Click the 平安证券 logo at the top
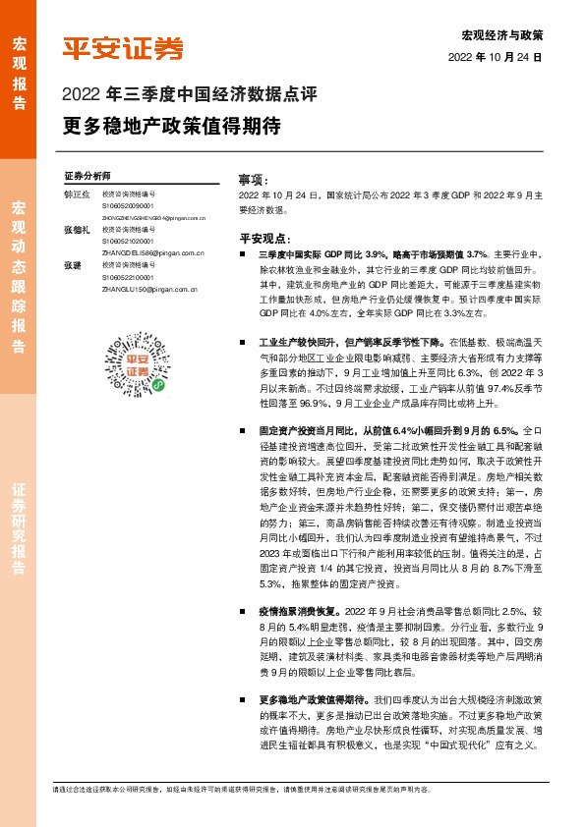(123, 48)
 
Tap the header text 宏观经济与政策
(501, 35)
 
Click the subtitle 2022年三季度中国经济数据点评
(189, 95)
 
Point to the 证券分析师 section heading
(88, 174)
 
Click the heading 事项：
(253, 181)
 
